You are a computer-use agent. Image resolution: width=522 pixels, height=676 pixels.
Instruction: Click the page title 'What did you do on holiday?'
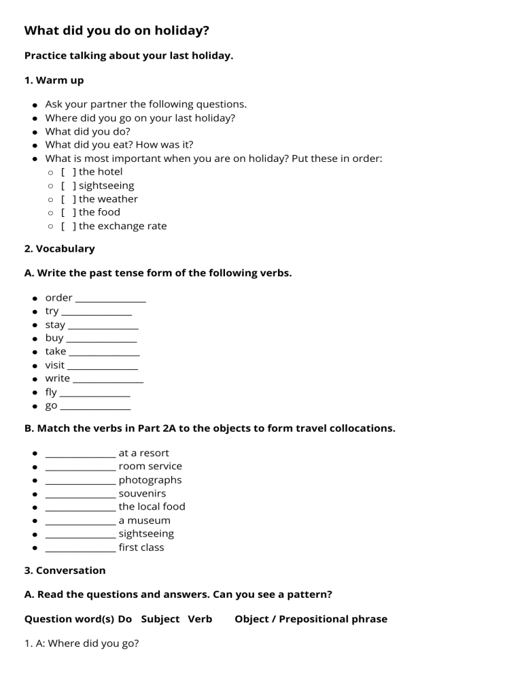(116, 31)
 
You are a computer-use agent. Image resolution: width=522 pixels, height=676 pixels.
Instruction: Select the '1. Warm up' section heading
(54, 80)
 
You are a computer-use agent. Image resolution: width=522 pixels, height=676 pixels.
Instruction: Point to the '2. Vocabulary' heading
(59, 249)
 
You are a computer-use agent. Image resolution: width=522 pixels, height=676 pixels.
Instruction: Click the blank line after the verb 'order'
(111, 299)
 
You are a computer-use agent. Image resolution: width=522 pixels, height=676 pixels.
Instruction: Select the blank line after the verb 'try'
(97, 312)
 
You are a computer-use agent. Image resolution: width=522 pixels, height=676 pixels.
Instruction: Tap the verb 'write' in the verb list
(57, 378)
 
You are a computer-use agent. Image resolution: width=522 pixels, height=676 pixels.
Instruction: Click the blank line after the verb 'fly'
(94, 393)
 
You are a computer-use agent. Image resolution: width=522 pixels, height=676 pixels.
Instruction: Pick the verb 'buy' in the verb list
(54, 338)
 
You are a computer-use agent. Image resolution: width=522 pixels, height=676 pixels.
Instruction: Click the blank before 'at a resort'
(80, 454)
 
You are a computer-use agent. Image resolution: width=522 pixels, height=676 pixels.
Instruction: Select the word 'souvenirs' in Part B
(142, 493)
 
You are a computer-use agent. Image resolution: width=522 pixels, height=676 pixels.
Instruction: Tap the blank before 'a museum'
(80, 521)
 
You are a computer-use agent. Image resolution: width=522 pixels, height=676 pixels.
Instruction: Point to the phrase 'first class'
(141, 547)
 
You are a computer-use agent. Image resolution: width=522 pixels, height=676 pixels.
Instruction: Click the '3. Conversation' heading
(65, 570)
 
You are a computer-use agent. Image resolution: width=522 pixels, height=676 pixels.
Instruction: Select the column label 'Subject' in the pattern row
(160, 619)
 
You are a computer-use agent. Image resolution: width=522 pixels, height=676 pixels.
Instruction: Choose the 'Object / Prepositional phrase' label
(311, 619)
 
